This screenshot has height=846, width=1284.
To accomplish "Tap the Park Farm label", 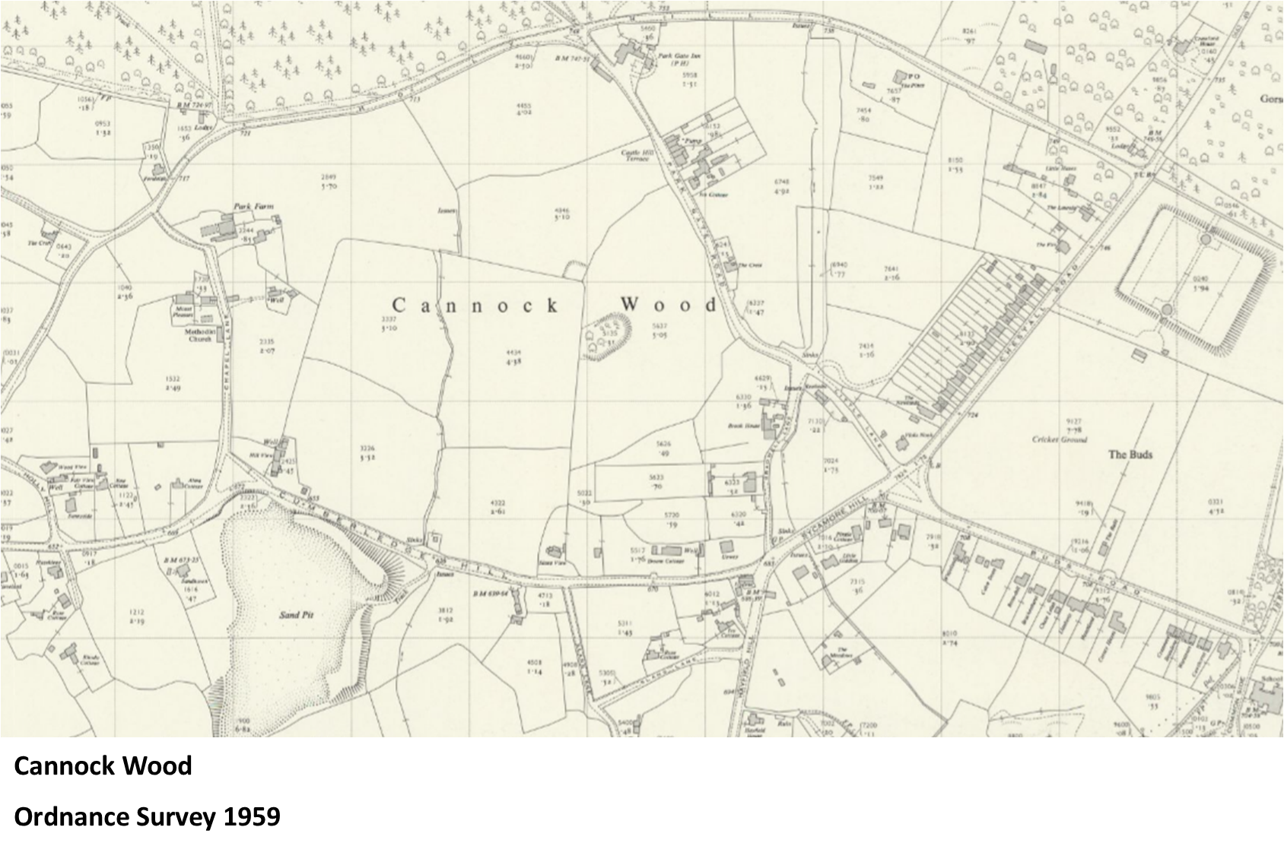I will [253, 207].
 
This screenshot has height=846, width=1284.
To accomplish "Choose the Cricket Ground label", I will [1060, 439].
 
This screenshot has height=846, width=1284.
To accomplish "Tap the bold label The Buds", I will [1130, 455].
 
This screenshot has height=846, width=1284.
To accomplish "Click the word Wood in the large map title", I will [668, 306].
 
